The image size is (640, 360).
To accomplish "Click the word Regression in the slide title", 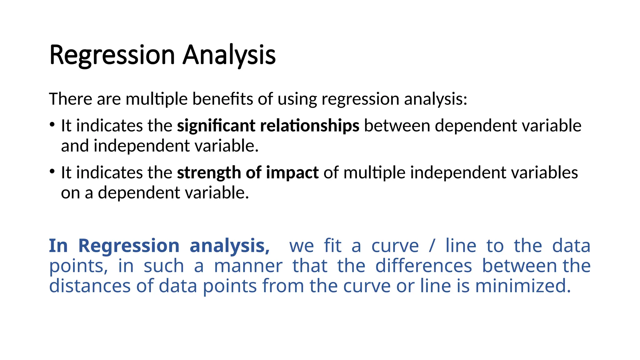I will point(112,55).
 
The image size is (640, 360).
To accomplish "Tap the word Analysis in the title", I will point(229,55).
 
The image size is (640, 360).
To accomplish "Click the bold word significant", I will point(216,126).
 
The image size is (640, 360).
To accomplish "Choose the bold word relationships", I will point(309,126).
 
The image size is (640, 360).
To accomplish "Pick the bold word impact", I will point(292,172).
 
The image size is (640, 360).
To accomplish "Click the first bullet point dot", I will point(52,125).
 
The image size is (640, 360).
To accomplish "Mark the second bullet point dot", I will point(52,172).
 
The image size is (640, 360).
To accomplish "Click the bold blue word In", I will point(58,246).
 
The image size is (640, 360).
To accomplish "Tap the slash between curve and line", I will point(432,246).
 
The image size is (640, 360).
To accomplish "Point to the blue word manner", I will point(248,266).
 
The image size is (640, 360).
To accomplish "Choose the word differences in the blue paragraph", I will point(423,266).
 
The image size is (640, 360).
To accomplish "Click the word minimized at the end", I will point(523,286).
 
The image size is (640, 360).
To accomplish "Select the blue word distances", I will point(90,286).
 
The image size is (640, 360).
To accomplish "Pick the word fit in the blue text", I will point(332,246).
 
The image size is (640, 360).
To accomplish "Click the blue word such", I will point(163,266).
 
